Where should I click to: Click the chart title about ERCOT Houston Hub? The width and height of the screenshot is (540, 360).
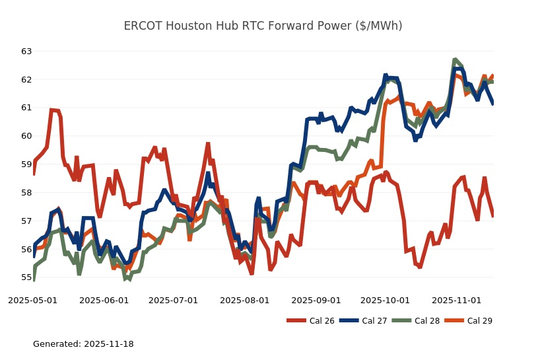click(x=263, y=26)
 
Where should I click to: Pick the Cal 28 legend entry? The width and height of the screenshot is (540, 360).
click(x=415, y=321)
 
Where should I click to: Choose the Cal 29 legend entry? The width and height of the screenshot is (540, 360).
click(x=468, y=321)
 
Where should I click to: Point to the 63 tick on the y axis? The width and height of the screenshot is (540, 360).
click(x=26, y=51)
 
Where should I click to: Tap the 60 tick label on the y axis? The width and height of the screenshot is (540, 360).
click(x=26, y=136)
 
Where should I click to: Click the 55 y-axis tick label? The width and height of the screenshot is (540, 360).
click(x=26, y=277)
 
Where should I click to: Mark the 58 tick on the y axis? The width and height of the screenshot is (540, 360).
click(x=26, y=193)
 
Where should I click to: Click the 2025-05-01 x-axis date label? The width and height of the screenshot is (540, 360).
click(x=33, y=300)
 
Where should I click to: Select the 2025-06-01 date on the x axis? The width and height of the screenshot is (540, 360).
click(x=104, y=300)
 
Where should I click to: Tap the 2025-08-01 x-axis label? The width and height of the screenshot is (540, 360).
click(x=245, y=300)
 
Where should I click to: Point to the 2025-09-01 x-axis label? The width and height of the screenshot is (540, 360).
click(x=316, y=300)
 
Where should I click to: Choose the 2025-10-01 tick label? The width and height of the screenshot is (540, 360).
click(x=384, y=300)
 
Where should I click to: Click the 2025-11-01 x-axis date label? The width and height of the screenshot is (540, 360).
click(x=456, y=300)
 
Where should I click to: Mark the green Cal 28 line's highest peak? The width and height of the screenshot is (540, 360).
click(x=456, y=59)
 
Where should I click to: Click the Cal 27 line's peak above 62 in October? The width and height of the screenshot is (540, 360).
click(x=386, y=76)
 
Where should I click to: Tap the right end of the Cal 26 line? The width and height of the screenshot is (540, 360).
click(x=492, y=216)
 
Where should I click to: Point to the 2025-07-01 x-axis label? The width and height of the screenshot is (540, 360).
click(x=173, y=300)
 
